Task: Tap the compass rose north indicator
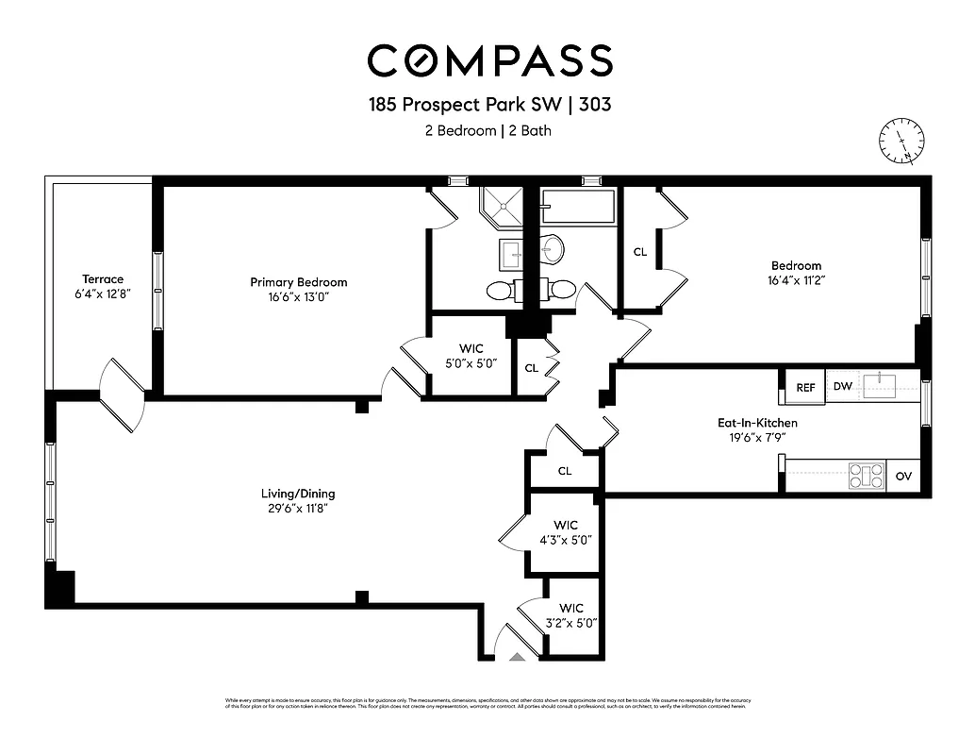[x=902, y=143]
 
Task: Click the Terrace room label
[x=103, y=279]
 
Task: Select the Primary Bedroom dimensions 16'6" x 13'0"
[x=298, y=296]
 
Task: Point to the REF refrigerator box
[x=805, y=387]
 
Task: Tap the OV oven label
[x=903, y=477]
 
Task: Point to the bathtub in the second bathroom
[x=578, y=207]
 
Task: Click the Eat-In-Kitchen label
[x=757, y=423]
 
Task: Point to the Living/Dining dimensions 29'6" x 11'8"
[x=298, y=508]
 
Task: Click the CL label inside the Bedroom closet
[x=640, y=252]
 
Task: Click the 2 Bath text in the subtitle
[x=530, y=131]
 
